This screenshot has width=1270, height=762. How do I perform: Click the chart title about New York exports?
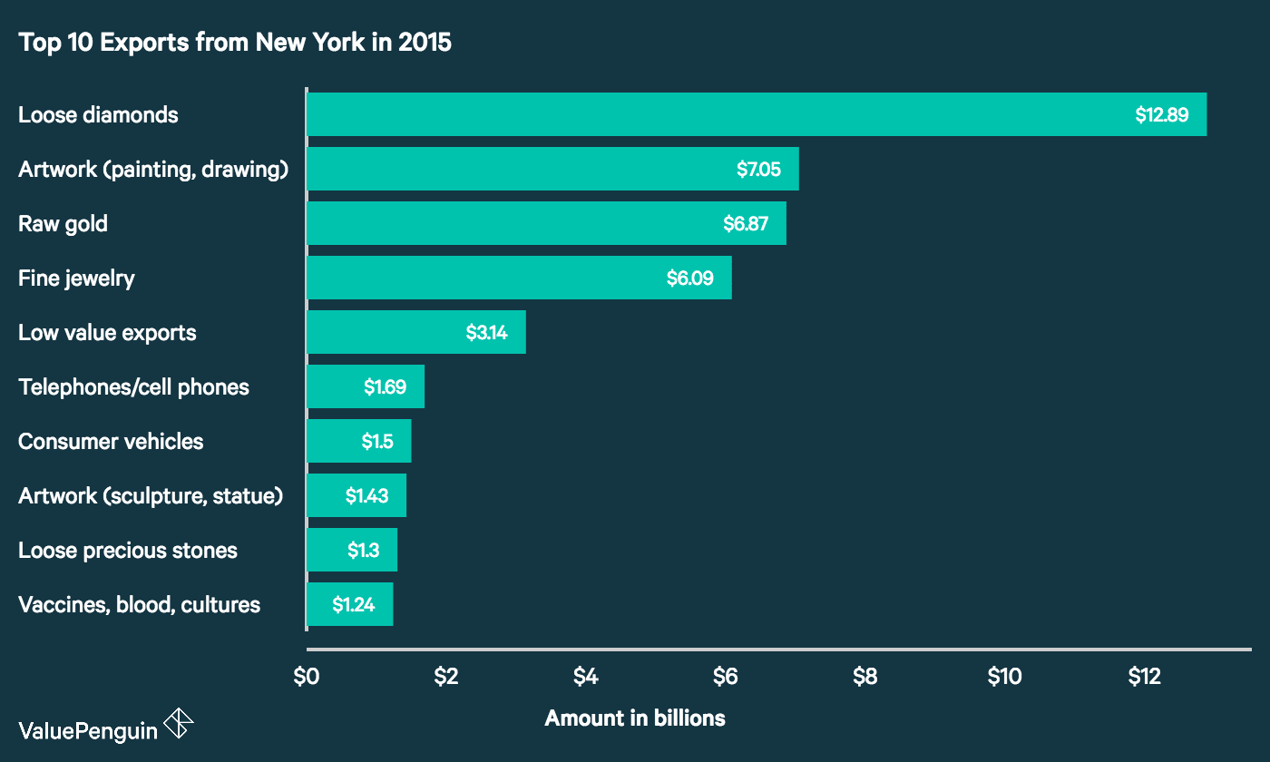tap(235, 43)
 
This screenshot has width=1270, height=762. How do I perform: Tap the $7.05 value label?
tap(758, 170)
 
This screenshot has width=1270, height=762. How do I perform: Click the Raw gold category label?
tap(63, 224)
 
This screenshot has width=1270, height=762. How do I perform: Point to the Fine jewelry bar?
tap(518, 278)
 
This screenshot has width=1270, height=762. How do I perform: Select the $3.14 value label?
tap(486, 333)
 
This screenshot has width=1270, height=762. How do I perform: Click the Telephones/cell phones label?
tap(133, 387)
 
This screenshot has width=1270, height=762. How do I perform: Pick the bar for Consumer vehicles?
tap(358, 441)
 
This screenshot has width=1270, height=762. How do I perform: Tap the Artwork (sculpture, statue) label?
tap(151, 496)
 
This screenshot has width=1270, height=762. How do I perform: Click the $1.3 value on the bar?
tap(363, 551)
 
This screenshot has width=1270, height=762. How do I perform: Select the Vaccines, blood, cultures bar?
tap(349, 604)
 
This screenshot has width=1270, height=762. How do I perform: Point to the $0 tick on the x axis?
tap(307, 677)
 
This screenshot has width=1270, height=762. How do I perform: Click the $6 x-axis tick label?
tap(725, 677)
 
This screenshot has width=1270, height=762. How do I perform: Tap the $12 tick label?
tap(1144, 677)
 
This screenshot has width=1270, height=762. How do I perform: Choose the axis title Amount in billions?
tap(635, 718)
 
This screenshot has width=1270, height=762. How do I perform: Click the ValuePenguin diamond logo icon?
tap(178, 724)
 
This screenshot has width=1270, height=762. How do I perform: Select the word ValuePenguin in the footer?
tap(87, 730)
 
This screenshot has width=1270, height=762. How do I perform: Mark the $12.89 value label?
tap(1161, 115)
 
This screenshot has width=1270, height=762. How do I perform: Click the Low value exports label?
tap(107, 333)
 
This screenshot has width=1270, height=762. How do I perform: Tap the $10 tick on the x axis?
tap(1004, 677)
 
